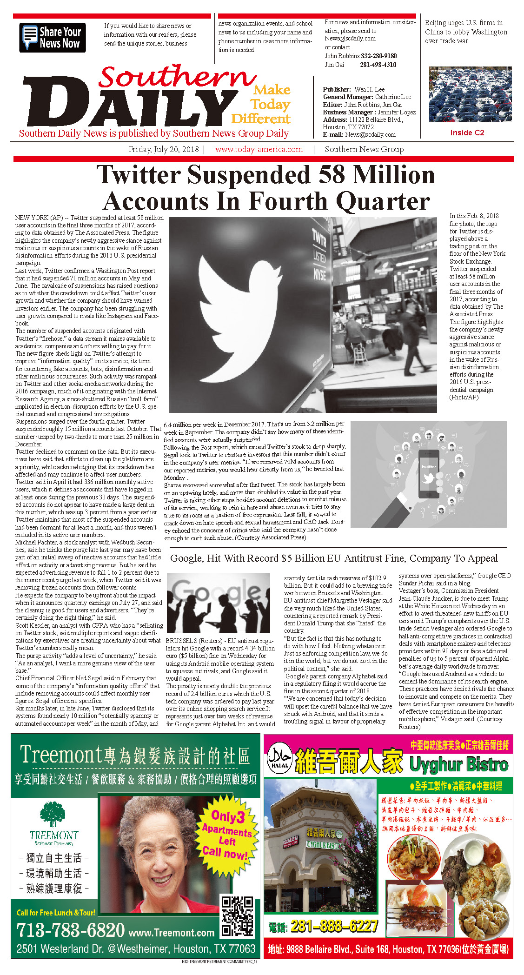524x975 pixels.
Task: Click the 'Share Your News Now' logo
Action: click(53, 38)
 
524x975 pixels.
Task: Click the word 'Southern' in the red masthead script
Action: click(177, 76)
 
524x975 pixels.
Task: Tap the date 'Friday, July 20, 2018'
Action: click(163, 150)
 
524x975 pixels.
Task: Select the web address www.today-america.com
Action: click(259, 150)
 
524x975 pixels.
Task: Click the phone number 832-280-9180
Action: click(379, 56)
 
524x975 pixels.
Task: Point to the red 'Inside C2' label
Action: click(467, 133)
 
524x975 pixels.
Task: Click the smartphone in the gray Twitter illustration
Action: click(429, 473)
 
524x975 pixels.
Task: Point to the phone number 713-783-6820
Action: click(71, 930)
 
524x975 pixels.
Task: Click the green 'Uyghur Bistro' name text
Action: click(458, 764)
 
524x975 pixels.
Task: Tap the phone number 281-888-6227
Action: click(334, 926)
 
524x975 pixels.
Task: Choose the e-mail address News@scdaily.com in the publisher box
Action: click(370, 135)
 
